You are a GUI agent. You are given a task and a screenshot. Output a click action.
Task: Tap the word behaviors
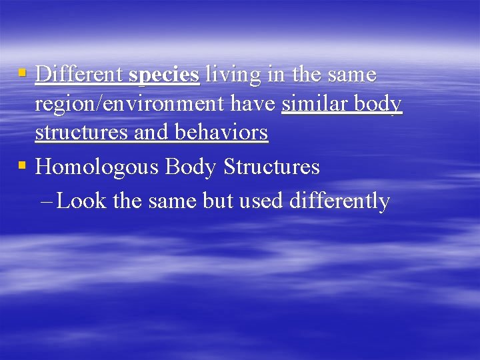click(x=221, y=132)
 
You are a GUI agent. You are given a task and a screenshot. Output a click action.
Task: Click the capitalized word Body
click(x=191, y=167)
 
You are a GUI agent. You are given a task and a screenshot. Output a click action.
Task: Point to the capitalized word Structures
click(x=271, y=166)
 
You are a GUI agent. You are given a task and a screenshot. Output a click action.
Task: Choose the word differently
click(x=339, y=201)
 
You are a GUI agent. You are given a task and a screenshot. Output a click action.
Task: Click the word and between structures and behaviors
click(x=151, y=132)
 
